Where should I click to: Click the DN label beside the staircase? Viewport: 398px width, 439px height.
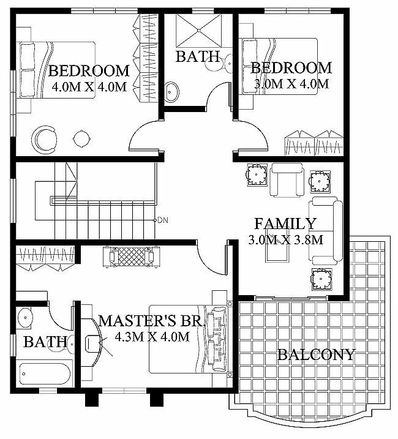pos(163,220)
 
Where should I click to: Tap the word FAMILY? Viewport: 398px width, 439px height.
pos(285,224)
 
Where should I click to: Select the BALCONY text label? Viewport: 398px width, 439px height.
pos(316,355)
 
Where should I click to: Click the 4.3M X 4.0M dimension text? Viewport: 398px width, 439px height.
pos(147,336)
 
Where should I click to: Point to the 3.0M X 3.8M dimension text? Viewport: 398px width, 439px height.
pos(285,240)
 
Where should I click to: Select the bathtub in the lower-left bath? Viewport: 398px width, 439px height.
pos(43,373)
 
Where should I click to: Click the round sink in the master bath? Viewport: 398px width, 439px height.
pos(25,318)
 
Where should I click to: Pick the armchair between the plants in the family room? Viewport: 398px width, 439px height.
pos(287,179)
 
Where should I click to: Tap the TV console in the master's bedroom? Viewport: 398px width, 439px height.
pos(130,255)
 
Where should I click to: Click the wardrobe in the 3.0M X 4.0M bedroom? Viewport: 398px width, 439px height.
pos(312,143)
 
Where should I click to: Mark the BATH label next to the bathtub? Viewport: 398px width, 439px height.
pos(45,342)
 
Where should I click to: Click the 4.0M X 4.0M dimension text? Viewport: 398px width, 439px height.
pos(89,87)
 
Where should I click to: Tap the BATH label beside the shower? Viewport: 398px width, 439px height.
pos(198,57)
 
